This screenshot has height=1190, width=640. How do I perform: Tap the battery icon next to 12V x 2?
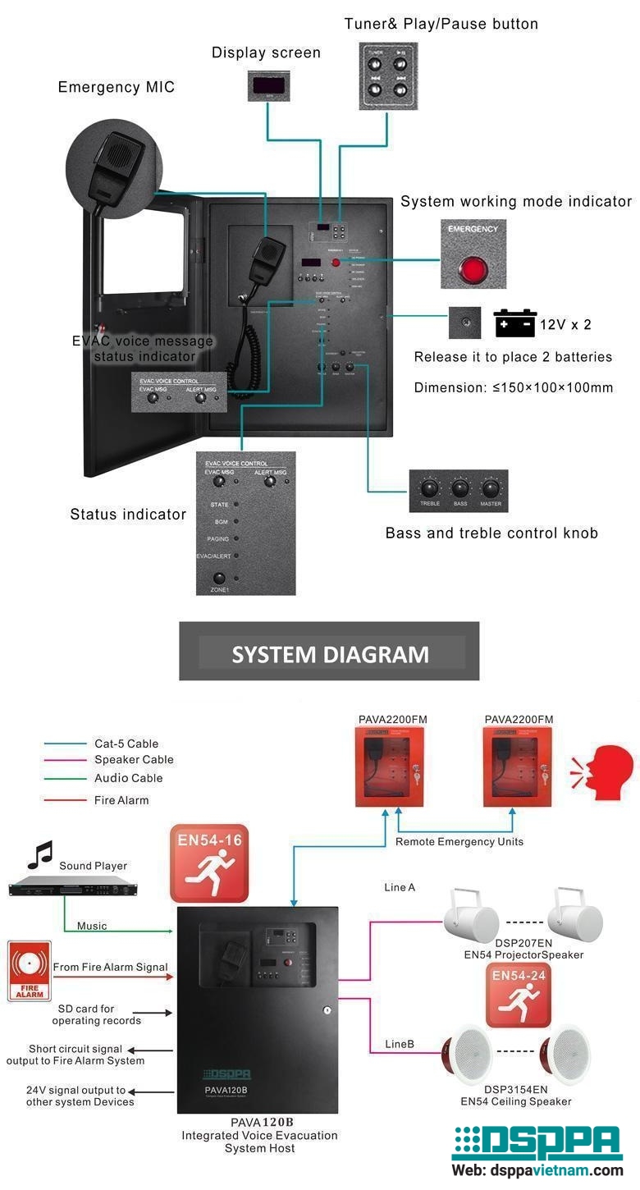(514, 323)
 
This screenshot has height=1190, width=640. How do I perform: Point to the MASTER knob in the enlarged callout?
(491, 485)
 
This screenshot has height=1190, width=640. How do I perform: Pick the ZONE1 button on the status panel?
(219, 578)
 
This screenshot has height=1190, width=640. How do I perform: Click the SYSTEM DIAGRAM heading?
(330, 654)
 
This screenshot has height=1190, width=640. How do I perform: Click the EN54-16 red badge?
(208, 863)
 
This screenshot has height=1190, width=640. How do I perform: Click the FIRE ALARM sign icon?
(30, 971)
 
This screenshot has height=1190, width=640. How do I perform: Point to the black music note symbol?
(39, 854)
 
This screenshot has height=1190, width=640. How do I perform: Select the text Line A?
(400, 887)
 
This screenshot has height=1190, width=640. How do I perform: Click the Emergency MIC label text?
(116, 87)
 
